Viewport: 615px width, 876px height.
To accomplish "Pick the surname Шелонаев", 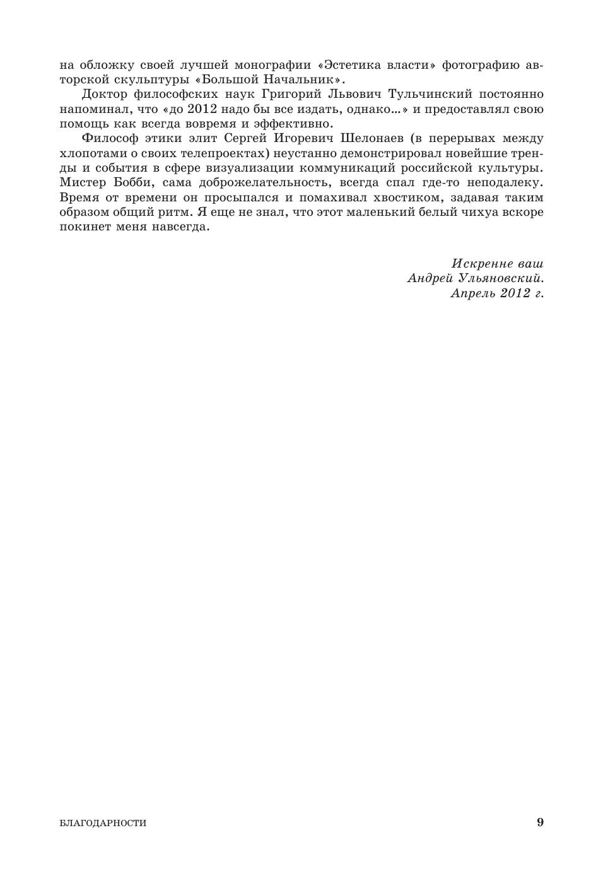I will pyautogui.click(x=373, y=138).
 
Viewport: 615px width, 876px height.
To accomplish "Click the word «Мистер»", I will pyautogui.click(x=81, y=182).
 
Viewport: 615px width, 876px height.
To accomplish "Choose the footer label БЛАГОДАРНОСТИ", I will pyautogui.click(x=103, y=823).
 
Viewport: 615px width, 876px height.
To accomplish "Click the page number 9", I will pyautogui.click(x=540, y=822).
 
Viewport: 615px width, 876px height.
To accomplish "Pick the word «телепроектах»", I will pyautogui.click(x=217, y=153).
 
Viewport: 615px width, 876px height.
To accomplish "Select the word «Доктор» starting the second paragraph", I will pyautogui.click(x=105, y=95).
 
